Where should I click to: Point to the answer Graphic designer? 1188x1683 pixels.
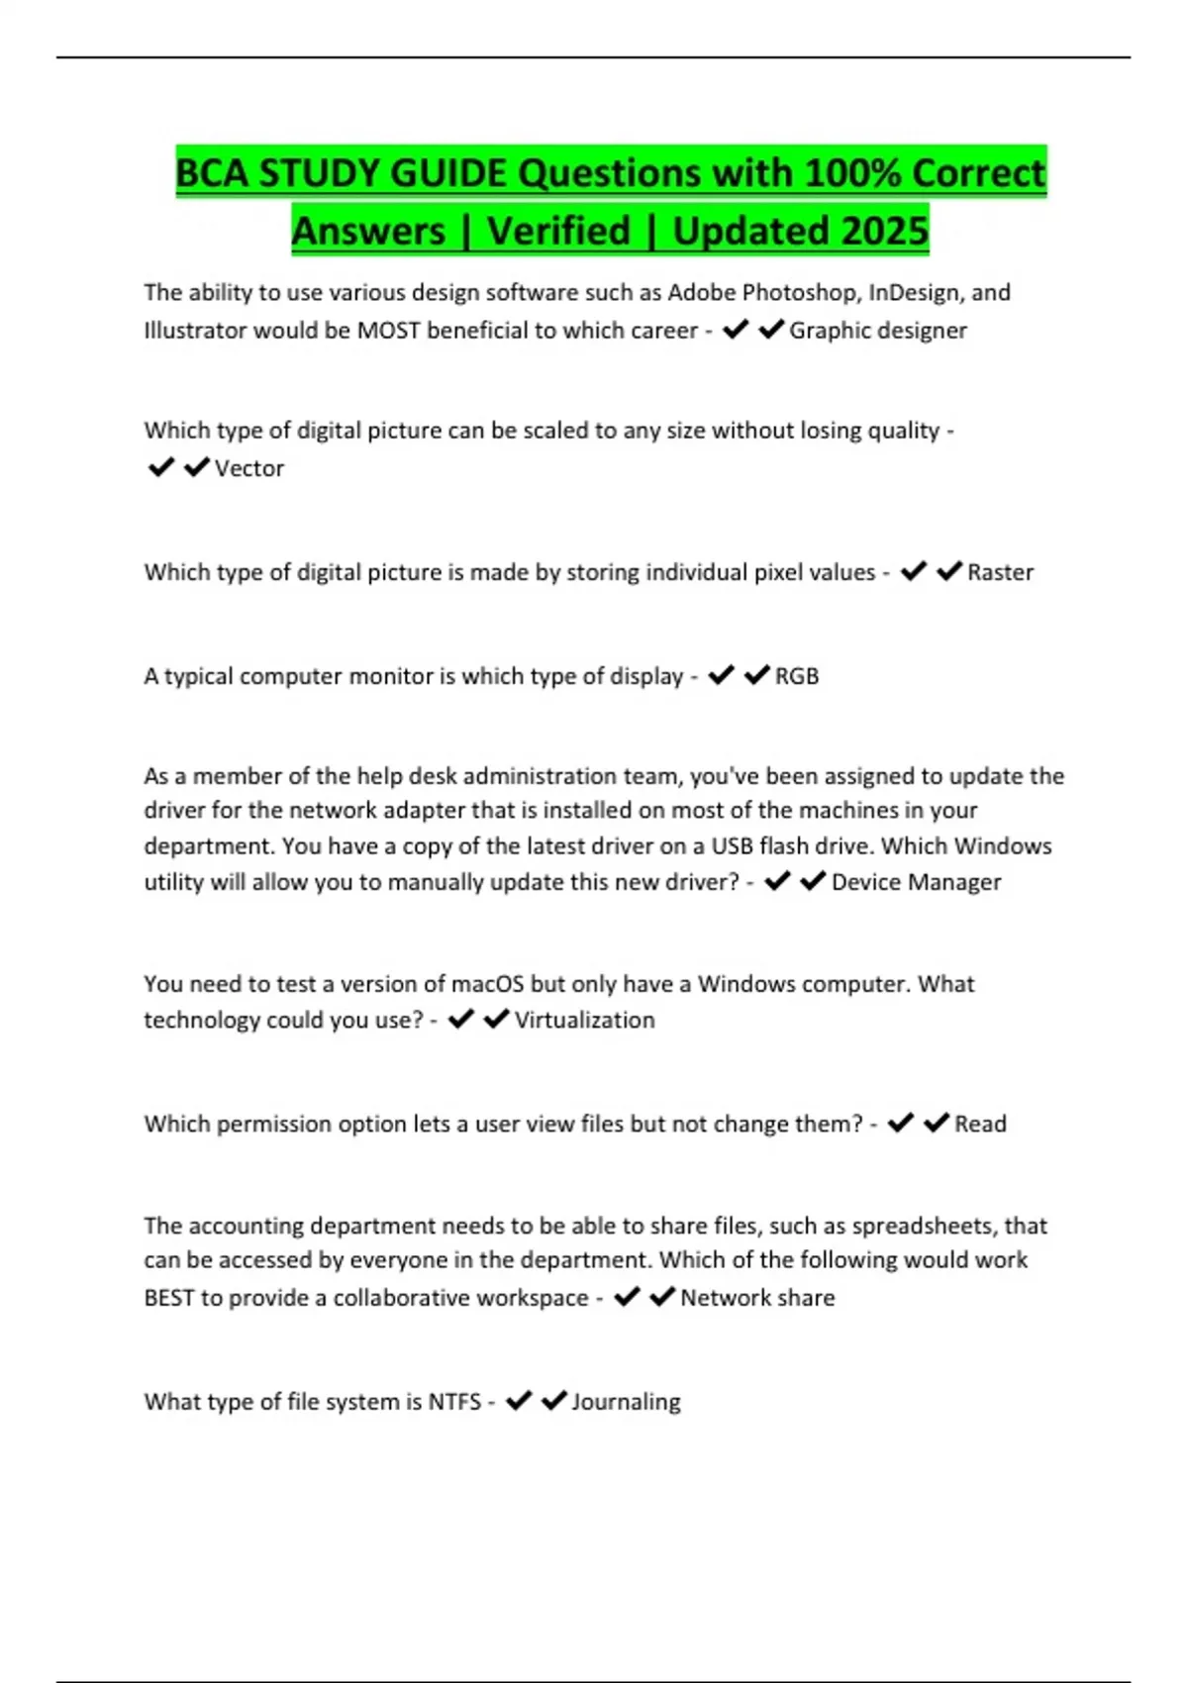[x=877, y=330]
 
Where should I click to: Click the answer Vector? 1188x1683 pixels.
[x=249, y=468]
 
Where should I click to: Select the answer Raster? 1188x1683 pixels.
[x=1000, y=572]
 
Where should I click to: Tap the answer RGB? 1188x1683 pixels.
[x=797, y=676]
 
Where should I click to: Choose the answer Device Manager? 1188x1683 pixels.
[x=916, y=882]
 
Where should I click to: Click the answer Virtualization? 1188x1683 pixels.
[x=584, y=1020]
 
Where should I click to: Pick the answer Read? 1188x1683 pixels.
[x=980, y=1124]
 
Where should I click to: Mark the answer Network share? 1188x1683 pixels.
[x=757, y=1298]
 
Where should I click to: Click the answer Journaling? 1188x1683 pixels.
[x=626, y=1402]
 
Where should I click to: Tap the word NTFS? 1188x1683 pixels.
[x=454, y=1402]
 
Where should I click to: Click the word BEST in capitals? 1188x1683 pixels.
[x=169, y=1298]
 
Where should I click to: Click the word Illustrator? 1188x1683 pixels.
[x=195, y=330]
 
